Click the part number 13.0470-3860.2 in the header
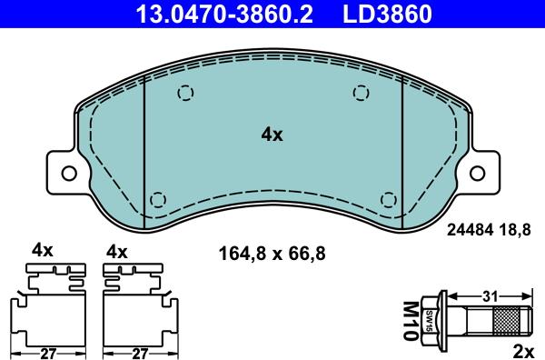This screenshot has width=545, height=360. click(223, 14)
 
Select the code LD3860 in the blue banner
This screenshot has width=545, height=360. click(387, 14)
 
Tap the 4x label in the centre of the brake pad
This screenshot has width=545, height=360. click(272, 135)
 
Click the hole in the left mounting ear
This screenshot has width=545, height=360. click(69, 174)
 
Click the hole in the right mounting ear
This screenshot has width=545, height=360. click(477, 174)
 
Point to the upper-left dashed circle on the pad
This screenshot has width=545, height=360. click(185, 93)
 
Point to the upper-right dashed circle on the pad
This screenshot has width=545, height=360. click(362, 93)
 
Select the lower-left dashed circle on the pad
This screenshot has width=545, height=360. click(158, 200)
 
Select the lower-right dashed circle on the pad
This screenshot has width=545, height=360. click(389, 200)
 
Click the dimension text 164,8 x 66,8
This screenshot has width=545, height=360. click(272, 254)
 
